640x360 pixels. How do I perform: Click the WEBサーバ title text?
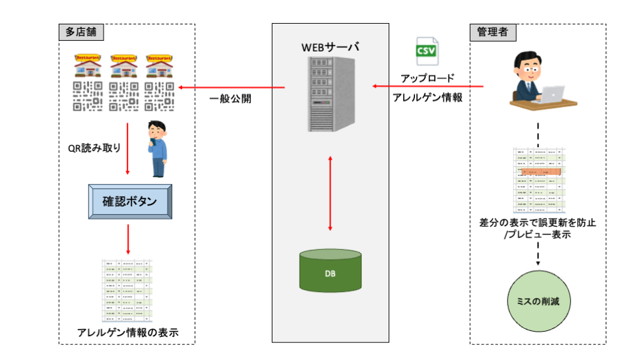331,47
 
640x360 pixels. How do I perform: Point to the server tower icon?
330,92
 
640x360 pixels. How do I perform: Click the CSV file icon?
426,51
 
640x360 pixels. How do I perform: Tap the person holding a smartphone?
156,149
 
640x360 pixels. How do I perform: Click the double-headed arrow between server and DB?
330,193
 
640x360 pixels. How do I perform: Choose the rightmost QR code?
159,96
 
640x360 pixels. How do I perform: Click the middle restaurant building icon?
123,66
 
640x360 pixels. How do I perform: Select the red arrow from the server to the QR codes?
230,87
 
